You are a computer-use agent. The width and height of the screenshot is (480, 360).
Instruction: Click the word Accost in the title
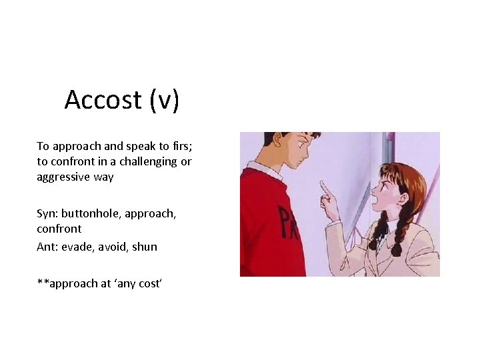pyautogui.click(x=103, y=100)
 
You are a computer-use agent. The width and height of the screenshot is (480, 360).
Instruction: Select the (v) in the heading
pyautogui.click(x=164, y=100)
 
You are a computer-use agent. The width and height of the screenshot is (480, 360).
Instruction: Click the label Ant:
pyautogui.click(x=48, y=247)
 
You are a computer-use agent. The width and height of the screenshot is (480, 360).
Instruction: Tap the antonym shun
pyautogui.click(x=145, y=247)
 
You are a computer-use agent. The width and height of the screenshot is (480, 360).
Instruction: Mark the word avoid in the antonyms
pyautogui.click(x=112, y=247)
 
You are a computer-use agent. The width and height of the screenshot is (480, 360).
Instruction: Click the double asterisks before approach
pyautogui.click(x=43, y=283)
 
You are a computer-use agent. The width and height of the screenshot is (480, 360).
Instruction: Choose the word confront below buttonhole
pyautogui.click(x=59, y=229)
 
